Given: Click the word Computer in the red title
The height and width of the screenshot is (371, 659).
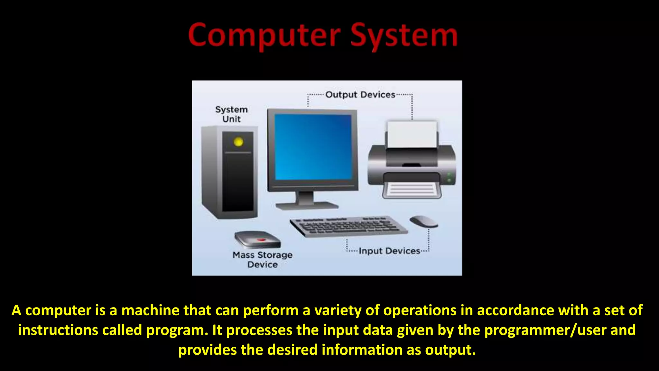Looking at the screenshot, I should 264,35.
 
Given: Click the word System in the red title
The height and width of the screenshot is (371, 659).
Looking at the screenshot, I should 404,35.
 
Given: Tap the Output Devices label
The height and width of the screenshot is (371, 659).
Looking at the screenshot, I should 360,95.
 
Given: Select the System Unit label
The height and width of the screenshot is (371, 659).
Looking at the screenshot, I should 231,114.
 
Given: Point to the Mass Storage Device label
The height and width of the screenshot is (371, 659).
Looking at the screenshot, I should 263,260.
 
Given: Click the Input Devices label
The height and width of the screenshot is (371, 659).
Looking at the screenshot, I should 389,251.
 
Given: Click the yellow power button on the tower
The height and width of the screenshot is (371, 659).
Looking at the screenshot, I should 238,142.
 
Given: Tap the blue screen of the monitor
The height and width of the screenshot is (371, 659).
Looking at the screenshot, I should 313,147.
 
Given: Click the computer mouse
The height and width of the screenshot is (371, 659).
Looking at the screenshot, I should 424,222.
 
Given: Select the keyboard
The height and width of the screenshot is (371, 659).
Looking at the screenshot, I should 349,226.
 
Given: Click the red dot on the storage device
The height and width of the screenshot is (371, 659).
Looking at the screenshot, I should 261,240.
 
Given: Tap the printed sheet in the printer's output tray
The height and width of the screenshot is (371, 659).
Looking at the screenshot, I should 411,190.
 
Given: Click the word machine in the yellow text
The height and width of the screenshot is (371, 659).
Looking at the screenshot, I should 150,310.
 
